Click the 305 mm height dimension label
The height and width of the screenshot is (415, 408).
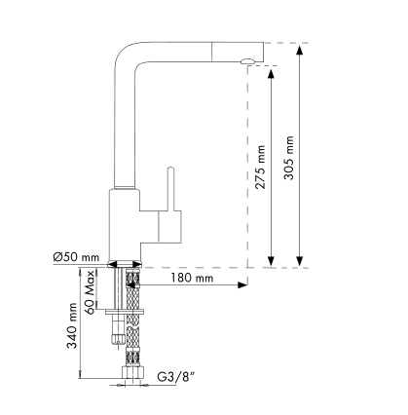point(289,158)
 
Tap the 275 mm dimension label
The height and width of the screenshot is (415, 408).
point(260,167)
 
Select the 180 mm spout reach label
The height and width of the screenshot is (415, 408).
point(192,278)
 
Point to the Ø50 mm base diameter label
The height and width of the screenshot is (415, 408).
point(76,257)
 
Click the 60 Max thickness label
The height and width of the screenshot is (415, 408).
point(91,292)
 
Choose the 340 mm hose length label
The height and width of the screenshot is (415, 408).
point(72,325)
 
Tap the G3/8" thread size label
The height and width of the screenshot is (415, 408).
point(176,377)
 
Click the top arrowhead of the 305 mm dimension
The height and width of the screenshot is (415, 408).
point(300,51)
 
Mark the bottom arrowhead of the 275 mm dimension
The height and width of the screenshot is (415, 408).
point(271,261)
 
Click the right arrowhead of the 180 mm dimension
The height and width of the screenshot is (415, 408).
point(242,285)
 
